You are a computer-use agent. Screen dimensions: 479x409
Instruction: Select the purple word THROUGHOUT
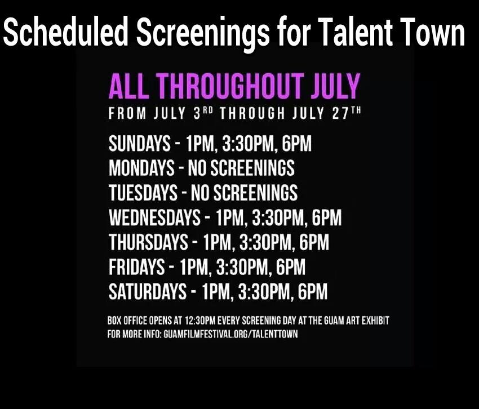tap(231, 86)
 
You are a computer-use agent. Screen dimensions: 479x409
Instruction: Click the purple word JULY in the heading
tap(336, 86)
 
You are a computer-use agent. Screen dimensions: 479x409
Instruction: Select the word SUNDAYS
tap(140, 143)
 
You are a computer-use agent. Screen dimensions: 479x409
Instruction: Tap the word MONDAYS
tap(141, 168)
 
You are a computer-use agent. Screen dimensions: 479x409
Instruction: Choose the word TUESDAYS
tap(143, 193)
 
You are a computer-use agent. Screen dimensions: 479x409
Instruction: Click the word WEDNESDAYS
tap(154, 217)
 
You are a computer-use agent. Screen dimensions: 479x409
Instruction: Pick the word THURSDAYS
tap(148, 242)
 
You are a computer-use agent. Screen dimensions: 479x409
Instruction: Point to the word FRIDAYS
tap(136, 266)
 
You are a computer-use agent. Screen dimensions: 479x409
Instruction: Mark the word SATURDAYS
tap(148, 291)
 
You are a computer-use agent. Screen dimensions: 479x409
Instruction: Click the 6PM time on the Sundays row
tap(296, 143)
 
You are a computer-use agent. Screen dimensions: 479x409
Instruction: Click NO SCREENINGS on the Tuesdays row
tap(244, 193)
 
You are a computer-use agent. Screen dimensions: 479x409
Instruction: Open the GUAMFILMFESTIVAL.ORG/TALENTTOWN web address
tap(230, 334)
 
